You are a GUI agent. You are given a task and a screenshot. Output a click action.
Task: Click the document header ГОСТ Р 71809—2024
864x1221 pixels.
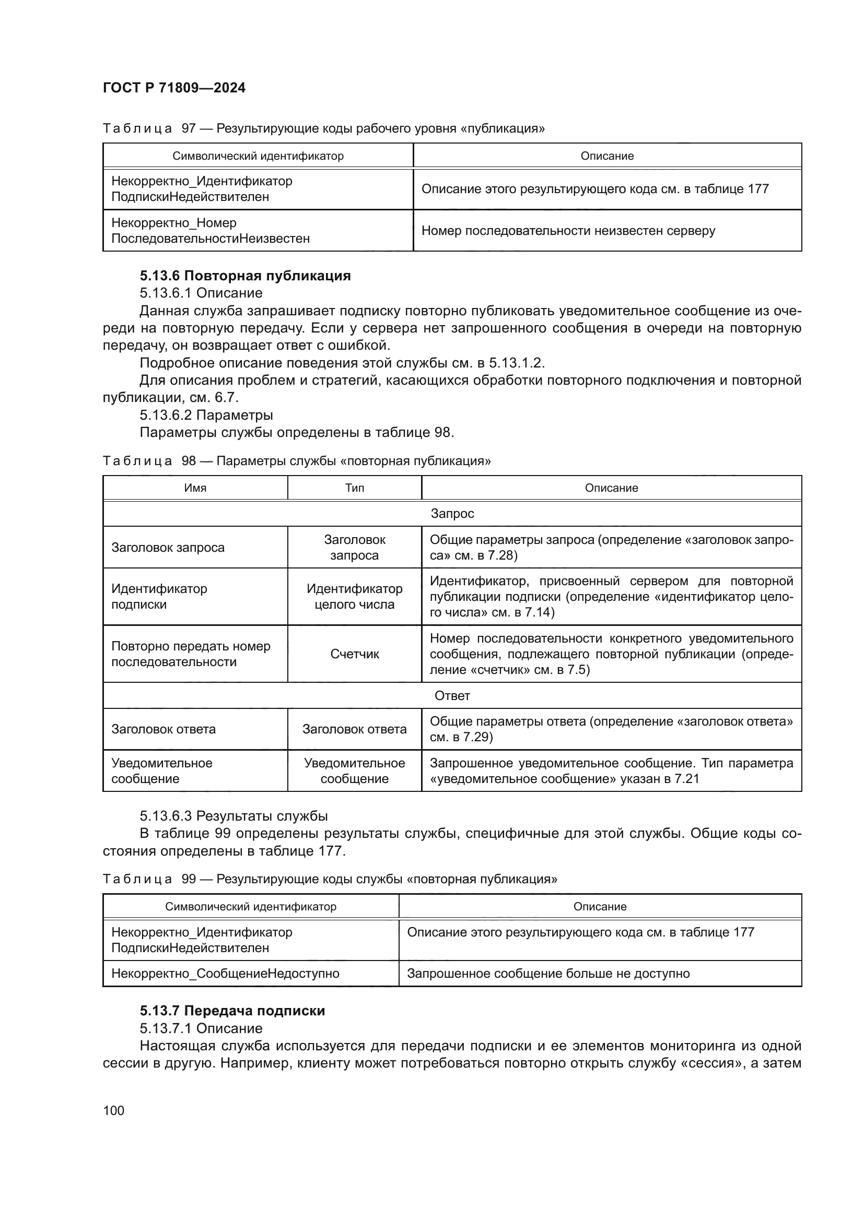click(174, 88)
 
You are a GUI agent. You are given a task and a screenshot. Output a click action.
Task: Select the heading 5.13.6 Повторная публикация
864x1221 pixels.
click(246, 276)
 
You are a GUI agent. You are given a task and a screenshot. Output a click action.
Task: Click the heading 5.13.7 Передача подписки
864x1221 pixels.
click(232, 1011)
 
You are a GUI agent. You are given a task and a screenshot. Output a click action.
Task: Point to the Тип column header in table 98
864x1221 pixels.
click(354, 488)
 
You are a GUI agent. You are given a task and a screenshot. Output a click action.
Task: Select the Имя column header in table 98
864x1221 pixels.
click(195, 488)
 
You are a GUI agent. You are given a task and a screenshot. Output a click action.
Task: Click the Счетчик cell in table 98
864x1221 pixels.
click(354, 654)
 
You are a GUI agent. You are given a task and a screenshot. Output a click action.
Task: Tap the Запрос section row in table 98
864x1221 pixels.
click(452, 513)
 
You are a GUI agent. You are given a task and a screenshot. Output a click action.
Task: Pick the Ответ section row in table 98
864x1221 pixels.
click(452, 695)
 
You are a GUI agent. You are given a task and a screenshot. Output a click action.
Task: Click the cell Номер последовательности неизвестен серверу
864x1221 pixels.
click(568, 230)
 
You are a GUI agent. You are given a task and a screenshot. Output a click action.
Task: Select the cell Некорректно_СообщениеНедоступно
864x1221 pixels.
click(225, 973)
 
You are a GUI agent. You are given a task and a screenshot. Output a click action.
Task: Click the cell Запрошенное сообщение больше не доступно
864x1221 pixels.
click(548, 973)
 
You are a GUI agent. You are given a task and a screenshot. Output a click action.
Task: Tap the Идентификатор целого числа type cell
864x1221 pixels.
click(354, 596)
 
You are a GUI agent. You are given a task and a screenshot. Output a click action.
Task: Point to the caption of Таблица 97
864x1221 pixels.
click(323, 128)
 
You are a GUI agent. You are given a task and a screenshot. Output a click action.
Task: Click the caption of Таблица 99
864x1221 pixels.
click(330, 879)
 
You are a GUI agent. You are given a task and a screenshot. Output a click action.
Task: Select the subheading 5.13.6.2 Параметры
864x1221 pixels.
click(206, 415)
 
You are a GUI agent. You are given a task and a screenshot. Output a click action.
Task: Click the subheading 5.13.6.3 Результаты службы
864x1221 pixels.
click(233, 816)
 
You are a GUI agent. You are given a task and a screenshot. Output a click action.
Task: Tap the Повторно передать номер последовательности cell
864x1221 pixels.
click(191, 654)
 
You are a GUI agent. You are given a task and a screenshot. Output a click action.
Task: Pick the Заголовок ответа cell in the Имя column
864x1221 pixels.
click(164, 729)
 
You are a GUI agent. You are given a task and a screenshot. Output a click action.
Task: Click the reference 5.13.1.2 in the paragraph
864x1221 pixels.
click(516, 363)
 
